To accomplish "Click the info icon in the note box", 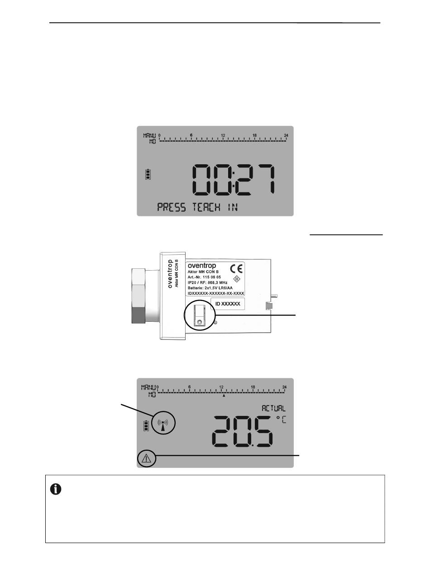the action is [56, 489].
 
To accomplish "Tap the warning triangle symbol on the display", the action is [146, 458].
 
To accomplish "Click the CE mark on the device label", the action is [236, 268].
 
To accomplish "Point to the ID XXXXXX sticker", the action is [228, 304].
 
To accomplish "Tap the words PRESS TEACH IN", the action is [197, 207].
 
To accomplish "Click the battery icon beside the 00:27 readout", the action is [148, 174].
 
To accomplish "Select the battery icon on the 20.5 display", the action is [146, 425].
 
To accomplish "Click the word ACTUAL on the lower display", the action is [273, 408].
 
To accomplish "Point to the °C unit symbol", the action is [281, 420].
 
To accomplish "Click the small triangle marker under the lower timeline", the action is [224, 396].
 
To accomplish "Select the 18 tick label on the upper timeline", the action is [254, 135].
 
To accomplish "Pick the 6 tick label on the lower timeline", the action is [190, 387].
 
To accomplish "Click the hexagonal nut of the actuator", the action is [139, 296].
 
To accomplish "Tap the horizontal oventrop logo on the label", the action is [202, 266].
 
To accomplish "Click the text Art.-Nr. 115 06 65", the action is [204, 277].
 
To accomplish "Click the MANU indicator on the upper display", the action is [149, 135].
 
